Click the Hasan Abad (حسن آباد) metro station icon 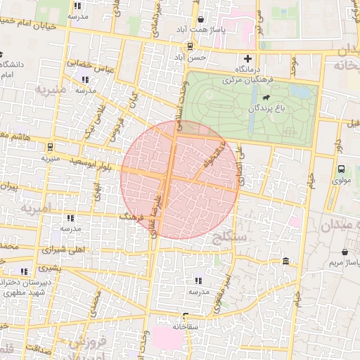(190, 46)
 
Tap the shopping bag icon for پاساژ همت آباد (202, 20)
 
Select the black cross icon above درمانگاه (247, 58)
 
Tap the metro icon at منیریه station (50, 147)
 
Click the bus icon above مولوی (341, 169)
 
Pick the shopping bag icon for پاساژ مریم (345, 250)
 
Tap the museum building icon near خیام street (285, 262)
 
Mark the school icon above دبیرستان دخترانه (25, 271)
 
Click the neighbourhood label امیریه (37, 208)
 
